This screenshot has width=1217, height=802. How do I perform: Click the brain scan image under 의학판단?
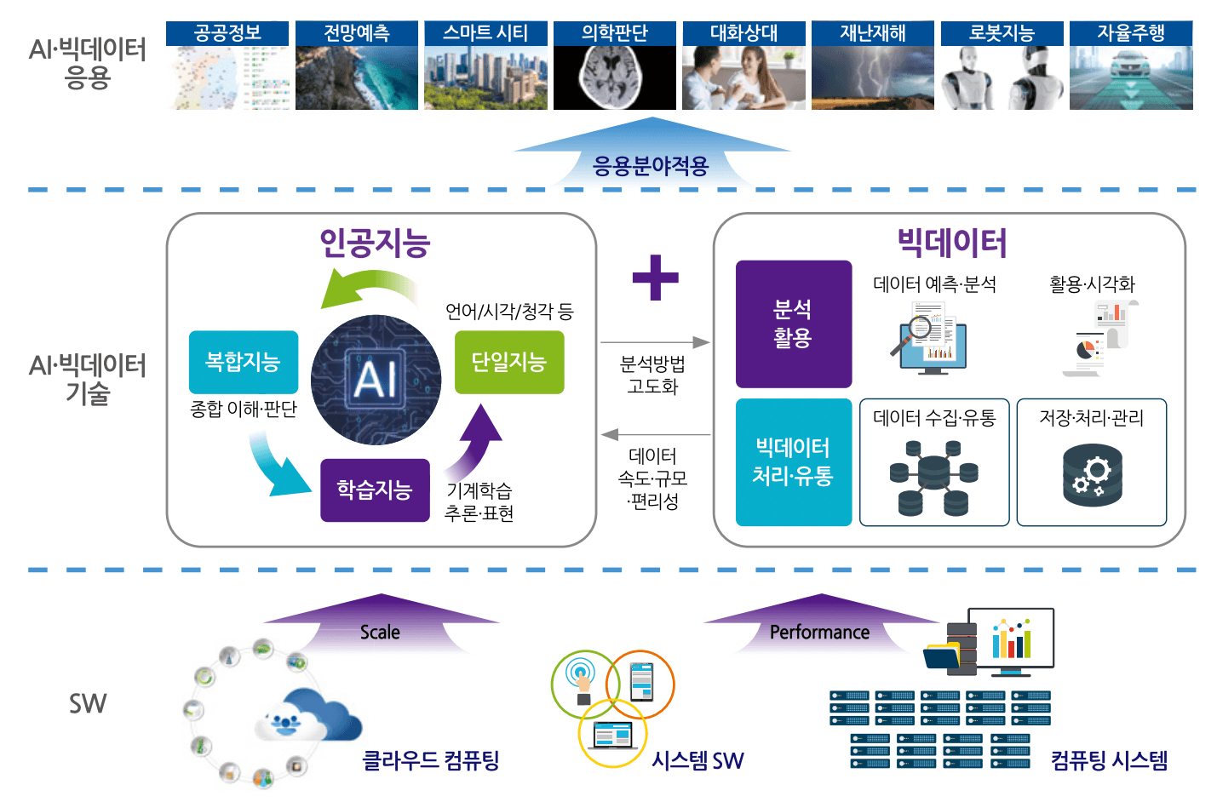(614, 77)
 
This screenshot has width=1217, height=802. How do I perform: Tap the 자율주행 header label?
(1130, 33)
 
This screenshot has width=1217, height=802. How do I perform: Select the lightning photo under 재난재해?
(872, 77)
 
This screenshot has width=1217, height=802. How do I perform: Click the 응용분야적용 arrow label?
(651, 165)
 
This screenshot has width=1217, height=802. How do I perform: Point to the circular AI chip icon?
(376, 380)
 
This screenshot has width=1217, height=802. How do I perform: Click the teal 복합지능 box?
(244, 362)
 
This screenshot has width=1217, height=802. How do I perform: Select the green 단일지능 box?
(508, 362)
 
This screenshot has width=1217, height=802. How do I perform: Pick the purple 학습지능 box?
(375, 490)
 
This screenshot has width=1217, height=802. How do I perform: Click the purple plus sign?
(655, 278)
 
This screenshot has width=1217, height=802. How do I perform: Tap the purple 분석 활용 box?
(793, 324)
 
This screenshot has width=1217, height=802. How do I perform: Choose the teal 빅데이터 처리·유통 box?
(793, 461)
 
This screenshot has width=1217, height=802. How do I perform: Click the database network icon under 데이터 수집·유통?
(933, 478)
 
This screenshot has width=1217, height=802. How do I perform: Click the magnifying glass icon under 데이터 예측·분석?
(920, 334)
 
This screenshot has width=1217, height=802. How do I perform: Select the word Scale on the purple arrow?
(380, 633)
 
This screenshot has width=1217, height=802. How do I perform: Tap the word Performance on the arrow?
(819, 633)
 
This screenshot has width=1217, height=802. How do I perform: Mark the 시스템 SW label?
(697, 760)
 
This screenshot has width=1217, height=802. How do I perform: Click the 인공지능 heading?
(375, 243)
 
